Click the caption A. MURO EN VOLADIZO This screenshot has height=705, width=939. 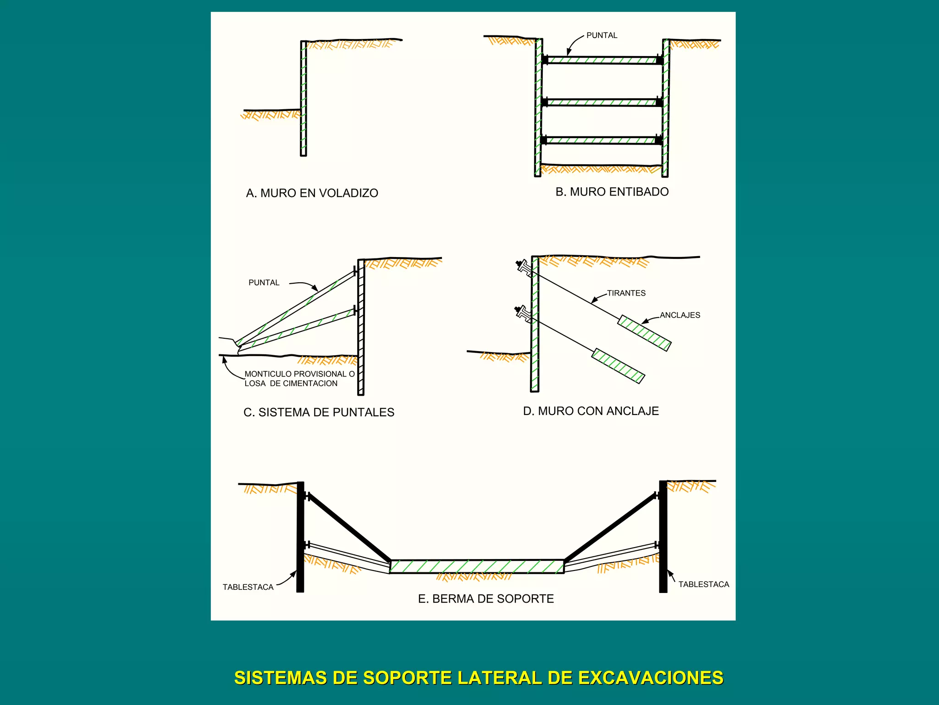tap(312, 193)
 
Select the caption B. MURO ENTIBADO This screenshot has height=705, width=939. tap(612, 192)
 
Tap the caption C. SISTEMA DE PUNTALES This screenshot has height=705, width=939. tap(319, 412)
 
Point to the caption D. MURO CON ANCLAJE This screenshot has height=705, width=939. tap(591, 411)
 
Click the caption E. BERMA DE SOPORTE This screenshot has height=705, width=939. tap(486, 599)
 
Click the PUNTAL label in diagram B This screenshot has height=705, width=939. tap(602, 35)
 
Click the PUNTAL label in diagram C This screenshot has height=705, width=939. tap(264, 283)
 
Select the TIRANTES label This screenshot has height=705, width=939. tap(626, 293)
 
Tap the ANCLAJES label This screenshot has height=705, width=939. tap(679, 315)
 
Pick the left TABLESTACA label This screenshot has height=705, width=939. tap(248, 587)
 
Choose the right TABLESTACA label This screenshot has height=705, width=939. tap(703, 584)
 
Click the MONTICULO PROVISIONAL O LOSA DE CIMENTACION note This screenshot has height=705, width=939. tap(299, 379)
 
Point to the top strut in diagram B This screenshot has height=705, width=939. tap(602, 60)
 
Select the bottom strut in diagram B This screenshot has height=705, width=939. tap(602, 140)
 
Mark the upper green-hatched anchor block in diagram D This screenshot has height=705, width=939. tap(644, 333)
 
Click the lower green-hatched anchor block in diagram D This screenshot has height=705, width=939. tap(618, 366)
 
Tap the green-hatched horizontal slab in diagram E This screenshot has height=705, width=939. tap(477, 566)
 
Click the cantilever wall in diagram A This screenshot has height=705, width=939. tap(303, 99)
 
